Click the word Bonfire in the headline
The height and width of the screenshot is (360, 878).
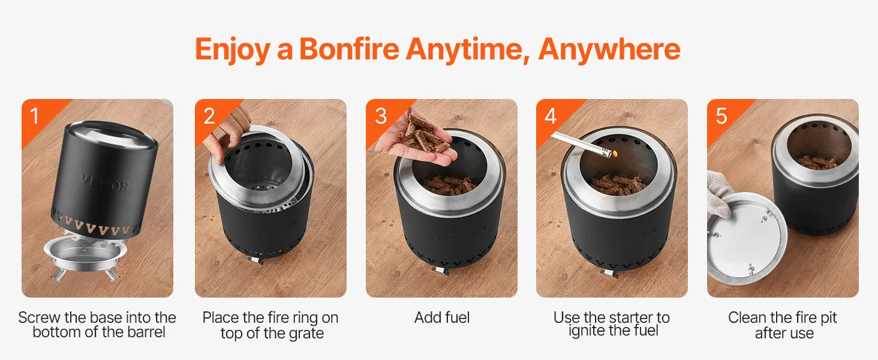(x=349, y=49)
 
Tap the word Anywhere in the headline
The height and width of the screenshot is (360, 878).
(x=609, y=49)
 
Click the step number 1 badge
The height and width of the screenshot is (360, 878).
(x=35, y=116)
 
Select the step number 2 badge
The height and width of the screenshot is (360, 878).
(x=209, y=116)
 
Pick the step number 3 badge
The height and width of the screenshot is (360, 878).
(x=381, y=116)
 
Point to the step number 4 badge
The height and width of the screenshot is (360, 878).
(x=551, y=116)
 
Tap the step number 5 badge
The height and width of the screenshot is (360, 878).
(x=721, y=116)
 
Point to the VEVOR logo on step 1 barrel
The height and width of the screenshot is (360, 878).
(x=104, y=182)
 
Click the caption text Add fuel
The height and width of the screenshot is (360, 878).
(x=442, y=317)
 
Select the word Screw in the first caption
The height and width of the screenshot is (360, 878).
(x=39, y=317)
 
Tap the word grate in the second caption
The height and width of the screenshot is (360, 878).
(x=306, y=334)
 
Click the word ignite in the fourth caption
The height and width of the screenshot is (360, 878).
(x=585, y=331)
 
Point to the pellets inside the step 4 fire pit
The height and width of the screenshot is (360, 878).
(x=620, y=185)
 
